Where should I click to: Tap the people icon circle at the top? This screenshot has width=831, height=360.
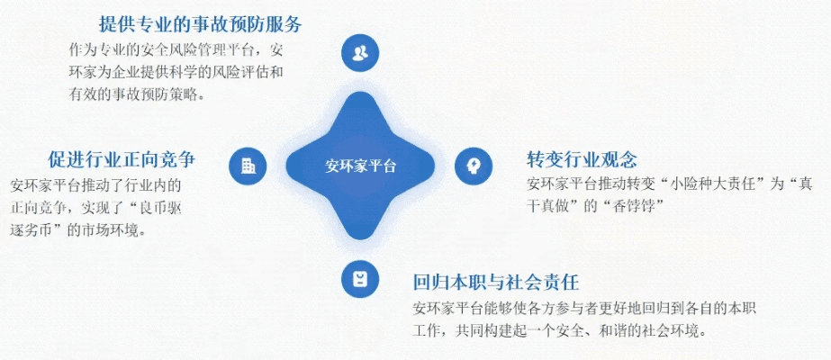click(x=360, y=52)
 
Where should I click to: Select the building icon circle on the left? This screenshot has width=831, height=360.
click(x=248, y=166)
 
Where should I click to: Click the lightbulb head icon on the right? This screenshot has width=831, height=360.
click(x=472, y=166)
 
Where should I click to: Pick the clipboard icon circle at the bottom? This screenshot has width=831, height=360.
click(x=360, y=278)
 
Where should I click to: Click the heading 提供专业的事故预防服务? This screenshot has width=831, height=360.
click(x=200, y=23)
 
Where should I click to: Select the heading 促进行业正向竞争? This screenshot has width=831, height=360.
click(x=122, y=160)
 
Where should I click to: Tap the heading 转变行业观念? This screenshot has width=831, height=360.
click(x=582, y=160)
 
